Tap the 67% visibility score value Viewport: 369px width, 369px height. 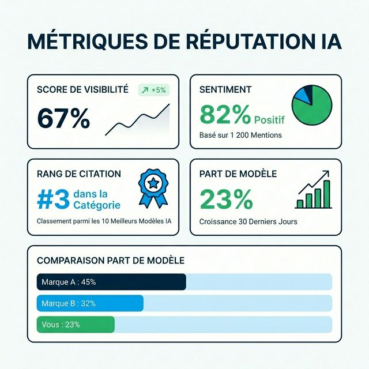[63, 118]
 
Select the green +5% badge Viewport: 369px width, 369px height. [154, 90]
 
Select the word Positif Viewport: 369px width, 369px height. [269, 120]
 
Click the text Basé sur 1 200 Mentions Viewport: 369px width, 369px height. [240, 135]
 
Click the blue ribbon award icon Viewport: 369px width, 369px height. [153, 187]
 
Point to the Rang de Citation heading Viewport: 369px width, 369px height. [78, 174]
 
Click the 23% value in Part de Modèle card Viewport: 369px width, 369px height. [226, 199]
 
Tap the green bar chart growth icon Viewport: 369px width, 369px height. [314, 190]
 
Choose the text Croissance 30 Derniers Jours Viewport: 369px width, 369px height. [247, 221]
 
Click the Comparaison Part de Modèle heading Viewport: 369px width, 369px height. [110, 261]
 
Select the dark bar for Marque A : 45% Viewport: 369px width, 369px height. [111, 282]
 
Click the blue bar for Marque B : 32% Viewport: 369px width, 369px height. [90, 303]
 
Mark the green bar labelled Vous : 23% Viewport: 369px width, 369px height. [76, 325]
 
